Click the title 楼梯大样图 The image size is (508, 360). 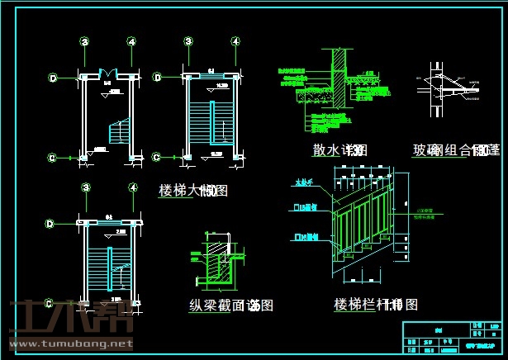[192, 191]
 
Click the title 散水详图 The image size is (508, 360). [339, 150]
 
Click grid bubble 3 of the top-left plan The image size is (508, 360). [84, 40]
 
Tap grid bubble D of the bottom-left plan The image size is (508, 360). [51, 223]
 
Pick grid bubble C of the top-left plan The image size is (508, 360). [51, 156]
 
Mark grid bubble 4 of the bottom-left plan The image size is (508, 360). [132, 189]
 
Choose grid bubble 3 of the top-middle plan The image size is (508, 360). [188, 40]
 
